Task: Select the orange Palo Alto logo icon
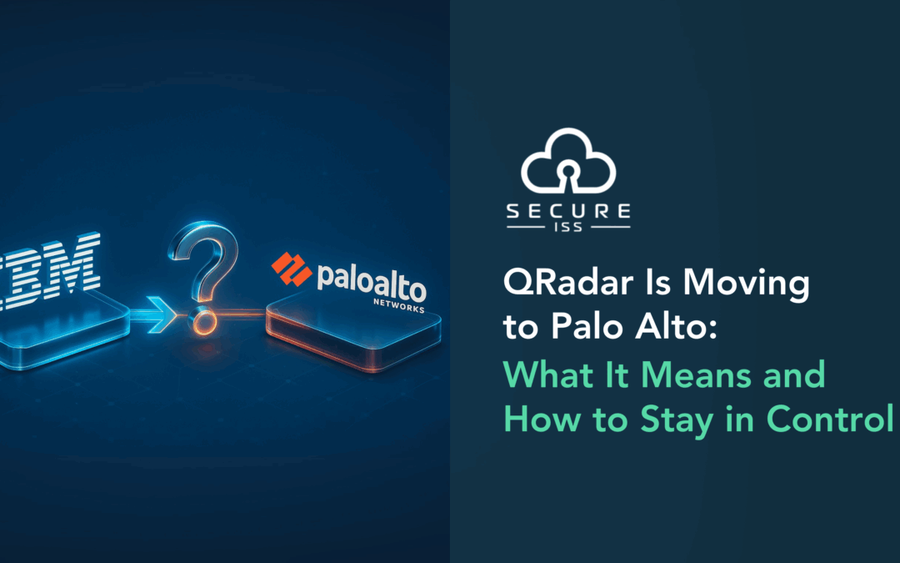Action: (291, 269)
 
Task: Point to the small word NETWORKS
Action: (399, 305)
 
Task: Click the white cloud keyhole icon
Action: (568, 160)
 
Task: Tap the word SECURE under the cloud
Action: (568, 211)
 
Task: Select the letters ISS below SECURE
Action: (568, 227)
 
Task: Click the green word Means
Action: (697, 374)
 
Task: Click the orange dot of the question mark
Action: (204, 321)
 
